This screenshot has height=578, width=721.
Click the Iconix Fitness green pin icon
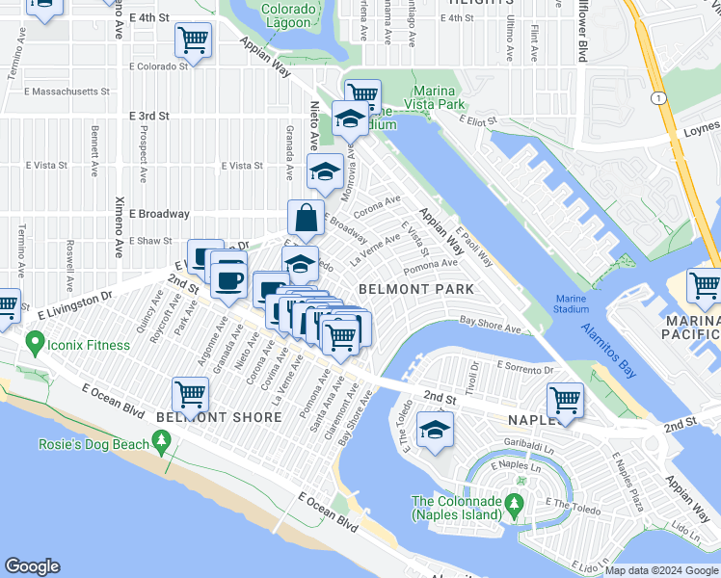tap(36, 342)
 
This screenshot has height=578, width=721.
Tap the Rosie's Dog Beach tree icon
tap(161, 442)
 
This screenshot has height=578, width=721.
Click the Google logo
tap(32, 566)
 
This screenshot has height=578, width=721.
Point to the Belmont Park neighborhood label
tap(415, 289)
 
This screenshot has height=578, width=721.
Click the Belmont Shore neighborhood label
tap(219, 417)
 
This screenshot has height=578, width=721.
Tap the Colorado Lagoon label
tap(288, 15)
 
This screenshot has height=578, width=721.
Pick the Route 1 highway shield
tap(657, 97)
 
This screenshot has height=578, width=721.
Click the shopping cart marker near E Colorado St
tap(193, 40)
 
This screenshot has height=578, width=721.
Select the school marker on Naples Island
tap(437, 429)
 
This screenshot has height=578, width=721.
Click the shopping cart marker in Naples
tap(564, 399)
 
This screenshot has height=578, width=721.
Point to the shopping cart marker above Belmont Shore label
tap(190, 393)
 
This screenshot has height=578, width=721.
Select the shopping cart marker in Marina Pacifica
tap(705, 286)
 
